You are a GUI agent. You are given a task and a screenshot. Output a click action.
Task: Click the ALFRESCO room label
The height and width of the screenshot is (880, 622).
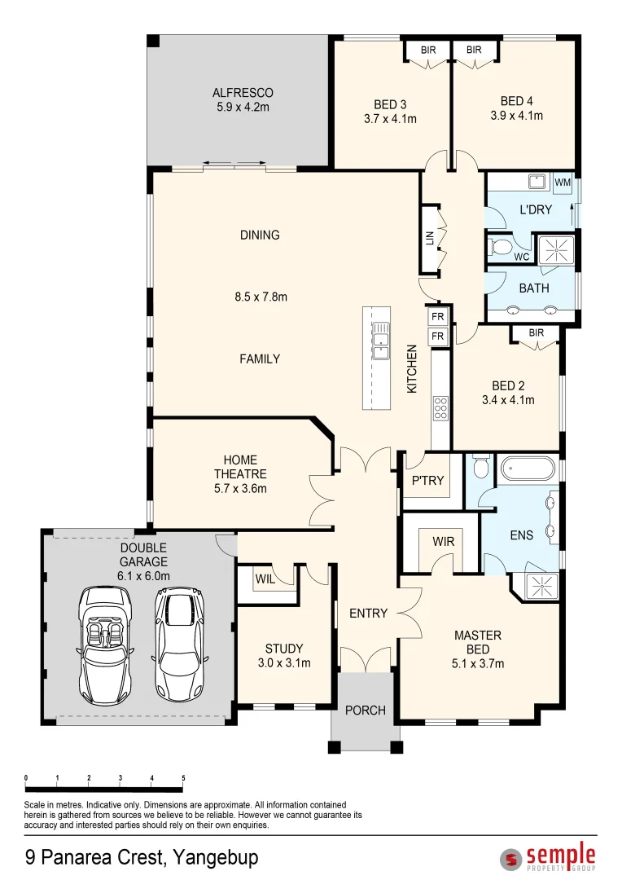pyautogui.click(x=243, y=93)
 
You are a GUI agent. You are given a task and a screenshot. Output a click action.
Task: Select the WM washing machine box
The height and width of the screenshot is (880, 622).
pyautogui.click(x=563, y=183)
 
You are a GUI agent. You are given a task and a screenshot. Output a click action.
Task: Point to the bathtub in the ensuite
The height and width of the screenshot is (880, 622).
pyautogui.click(x=528, y=469)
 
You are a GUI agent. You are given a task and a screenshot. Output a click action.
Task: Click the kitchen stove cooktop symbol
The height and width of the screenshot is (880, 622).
pyautogui.click(x=440, y=408)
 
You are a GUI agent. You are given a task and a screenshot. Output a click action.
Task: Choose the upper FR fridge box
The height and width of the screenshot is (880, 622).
pyautogui.click(x=438, y=316)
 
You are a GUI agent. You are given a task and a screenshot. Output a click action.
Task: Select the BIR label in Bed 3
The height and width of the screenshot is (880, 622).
pyautogui.click(x=428, y=50)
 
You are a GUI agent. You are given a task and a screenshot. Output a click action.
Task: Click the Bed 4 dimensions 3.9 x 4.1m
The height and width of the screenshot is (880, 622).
pyautogui.click(x=516, y=116)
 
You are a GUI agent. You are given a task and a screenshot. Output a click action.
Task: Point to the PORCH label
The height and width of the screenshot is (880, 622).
pyautogui.click(x=365, y=711)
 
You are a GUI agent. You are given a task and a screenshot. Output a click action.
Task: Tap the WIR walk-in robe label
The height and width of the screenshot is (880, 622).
pyautogui.click(x=443, y=542)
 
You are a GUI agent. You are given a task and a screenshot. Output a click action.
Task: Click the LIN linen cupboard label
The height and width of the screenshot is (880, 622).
pyautogui.click(x=430, y=238)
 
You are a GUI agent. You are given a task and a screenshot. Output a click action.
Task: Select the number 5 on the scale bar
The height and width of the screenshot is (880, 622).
pyautogui.click(x=183, y=778)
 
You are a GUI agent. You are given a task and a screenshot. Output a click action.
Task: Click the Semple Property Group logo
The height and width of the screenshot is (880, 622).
pyautogui.click(x=548, y=856)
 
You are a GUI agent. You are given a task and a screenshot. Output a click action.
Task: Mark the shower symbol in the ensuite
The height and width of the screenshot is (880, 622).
pyautogui.click(x=542, y=586)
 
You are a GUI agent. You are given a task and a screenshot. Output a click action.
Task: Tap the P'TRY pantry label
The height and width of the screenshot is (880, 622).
pyautogui.click(x=427, y=481)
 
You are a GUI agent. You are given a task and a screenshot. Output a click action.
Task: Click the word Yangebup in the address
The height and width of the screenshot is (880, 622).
pyautogui.click(x=216, y=858)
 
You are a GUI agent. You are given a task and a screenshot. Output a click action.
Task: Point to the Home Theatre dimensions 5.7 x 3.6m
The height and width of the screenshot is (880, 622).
pyautogui.click(x=240, y=489)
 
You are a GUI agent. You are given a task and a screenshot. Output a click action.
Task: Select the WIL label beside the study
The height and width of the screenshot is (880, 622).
pyautogui.click(x=265, y=579)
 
